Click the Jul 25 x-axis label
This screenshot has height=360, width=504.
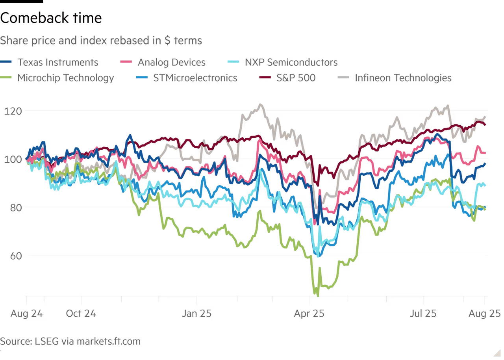click(x=423, y=314)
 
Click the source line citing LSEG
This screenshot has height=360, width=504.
click(x=70, y=341)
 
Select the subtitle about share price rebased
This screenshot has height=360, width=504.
click(x=101, y=40)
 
